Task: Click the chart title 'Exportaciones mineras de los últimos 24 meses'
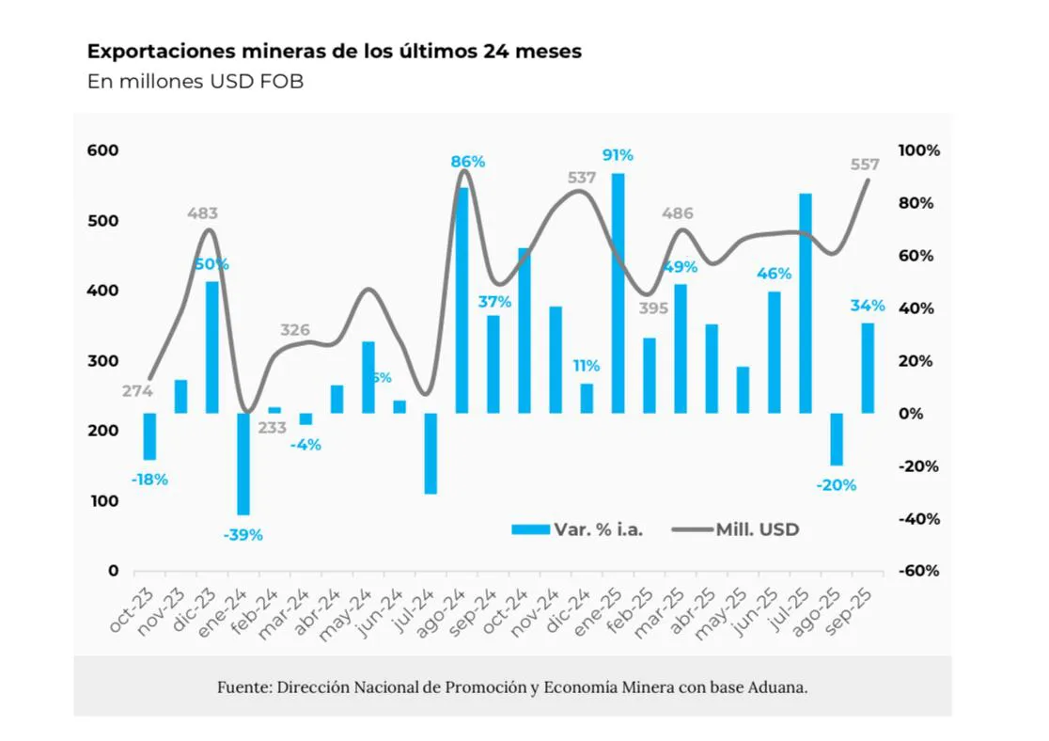335,52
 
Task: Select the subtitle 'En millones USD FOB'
196,82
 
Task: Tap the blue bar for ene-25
618,292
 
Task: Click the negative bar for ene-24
243,464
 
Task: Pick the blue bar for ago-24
462,300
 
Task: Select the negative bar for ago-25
837,439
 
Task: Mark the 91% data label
618,155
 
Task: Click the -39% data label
243,535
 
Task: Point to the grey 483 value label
202,214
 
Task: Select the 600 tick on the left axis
104,150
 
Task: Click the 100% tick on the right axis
918,150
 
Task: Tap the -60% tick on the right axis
918,571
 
